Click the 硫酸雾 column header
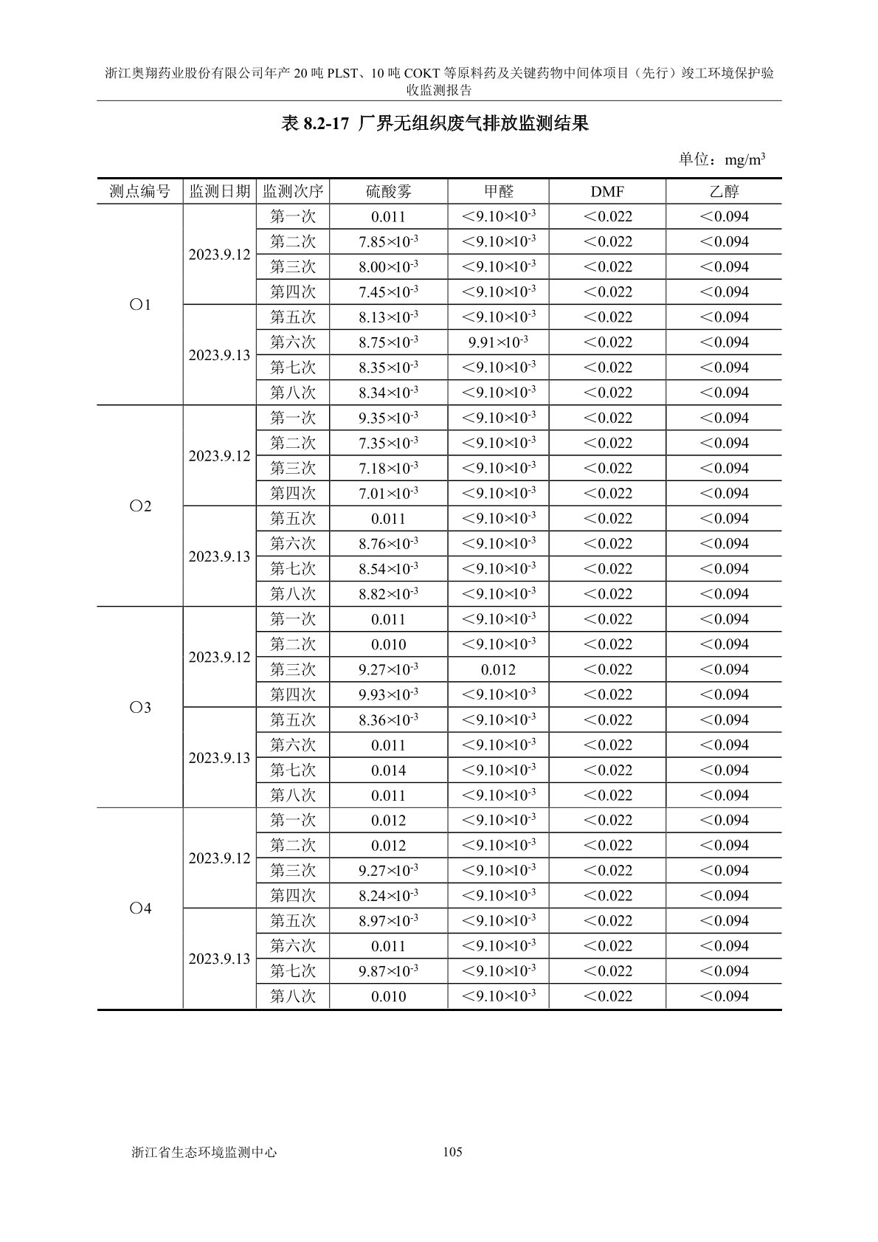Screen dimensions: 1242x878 (389, 192)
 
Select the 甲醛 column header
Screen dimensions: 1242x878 (498, 192)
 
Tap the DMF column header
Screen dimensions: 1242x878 (607, 192)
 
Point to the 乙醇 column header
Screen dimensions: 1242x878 (724, 192)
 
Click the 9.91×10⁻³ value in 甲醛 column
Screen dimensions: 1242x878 (498, 342)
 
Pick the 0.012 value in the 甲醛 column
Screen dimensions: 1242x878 (498, 670)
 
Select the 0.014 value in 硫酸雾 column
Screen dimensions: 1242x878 (389, 770)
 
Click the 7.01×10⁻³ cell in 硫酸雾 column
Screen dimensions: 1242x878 (389, 493)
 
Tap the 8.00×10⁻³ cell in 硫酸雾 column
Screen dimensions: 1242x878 (389, 267)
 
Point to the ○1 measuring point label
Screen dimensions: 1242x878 (140, 305)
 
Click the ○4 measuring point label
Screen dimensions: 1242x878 (140, 909)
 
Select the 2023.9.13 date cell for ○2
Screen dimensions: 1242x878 (219, 556)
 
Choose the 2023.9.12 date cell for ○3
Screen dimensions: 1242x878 (219, 658)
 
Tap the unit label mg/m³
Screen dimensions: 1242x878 (744, 159)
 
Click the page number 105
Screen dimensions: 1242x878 (452, 1152)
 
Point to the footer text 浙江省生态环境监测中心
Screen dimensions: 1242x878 (204, 1152)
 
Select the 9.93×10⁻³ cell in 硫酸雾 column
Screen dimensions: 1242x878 (389, 695)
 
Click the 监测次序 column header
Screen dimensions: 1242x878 (293, 192)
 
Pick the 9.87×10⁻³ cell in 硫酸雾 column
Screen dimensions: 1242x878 (389, 971)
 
